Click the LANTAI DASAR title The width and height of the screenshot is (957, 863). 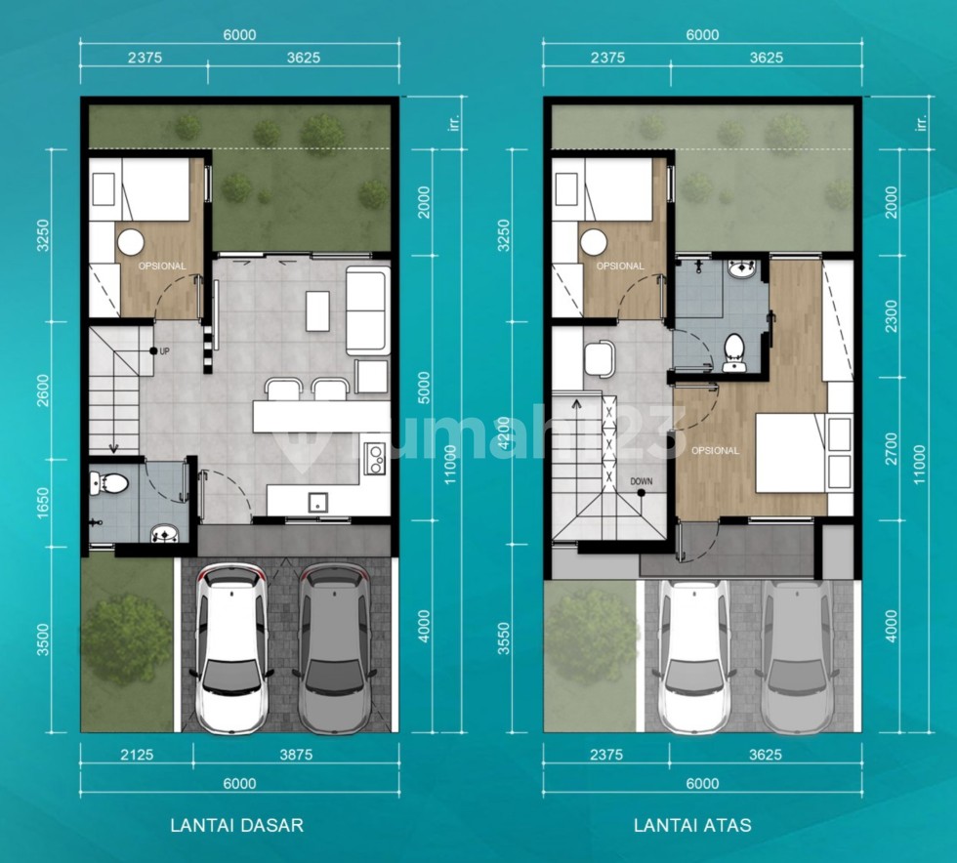[236, 825]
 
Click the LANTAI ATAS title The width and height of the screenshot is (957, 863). [692, 825]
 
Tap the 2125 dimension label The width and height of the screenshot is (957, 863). [137, 755]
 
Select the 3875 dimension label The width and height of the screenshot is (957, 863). [296, 755]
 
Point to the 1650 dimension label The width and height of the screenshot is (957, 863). [43, 503]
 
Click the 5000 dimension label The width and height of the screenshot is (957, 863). [424, 388]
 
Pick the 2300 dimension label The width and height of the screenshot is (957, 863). [891, 316]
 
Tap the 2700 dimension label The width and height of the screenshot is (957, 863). [891, 449]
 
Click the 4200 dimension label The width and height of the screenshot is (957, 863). [503, 432]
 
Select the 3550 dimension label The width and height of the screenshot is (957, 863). [503, 638]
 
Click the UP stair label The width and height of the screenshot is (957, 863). [164, 351]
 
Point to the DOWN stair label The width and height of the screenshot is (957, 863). [642, 481]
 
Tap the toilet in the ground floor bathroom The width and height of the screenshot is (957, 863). [108, 484]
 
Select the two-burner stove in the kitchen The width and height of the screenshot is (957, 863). [374, 458]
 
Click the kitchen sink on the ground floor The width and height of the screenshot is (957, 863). [317, 503]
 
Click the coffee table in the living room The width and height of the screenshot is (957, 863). [317, 311]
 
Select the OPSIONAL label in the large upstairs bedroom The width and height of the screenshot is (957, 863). [715, 450]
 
